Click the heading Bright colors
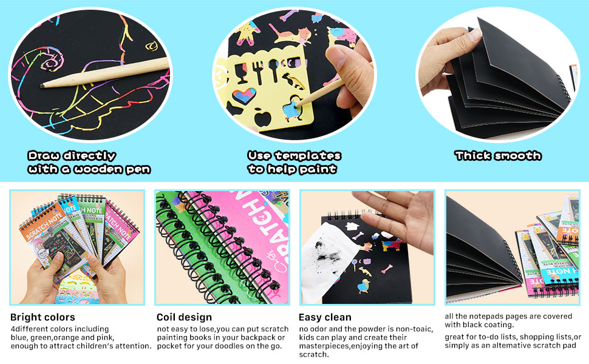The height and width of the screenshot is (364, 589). (43, 317)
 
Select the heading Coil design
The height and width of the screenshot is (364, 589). (184, 317)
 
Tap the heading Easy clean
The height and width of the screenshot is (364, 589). (325, 317)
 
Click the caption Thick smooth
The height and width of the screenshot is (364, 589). (497, 156)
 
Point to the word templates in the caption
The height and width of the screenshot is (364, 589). (312, 156)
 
